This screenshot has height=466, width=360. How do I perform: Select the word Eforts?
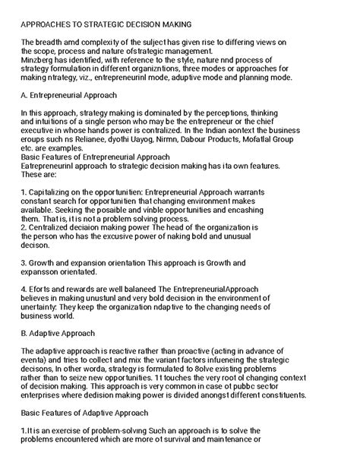click(44, 290)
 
